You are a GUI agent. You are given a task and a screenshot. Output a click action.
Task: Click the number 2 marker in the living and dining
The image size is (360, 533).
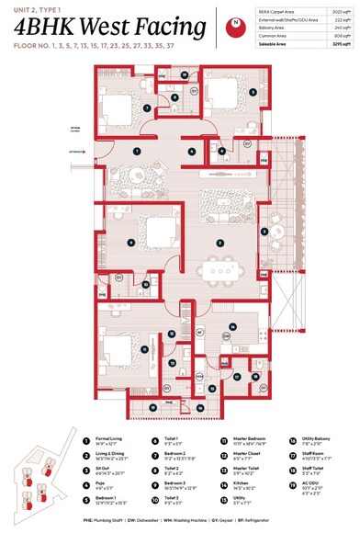click(219, 243)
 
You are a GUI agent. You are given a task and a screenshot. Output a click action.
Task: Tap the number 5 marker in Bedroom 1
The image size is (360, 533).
click(252, 93)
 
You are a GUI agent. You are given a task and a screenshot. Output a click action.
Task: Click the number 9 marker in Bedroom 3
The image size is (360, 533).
click(131, 243)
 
